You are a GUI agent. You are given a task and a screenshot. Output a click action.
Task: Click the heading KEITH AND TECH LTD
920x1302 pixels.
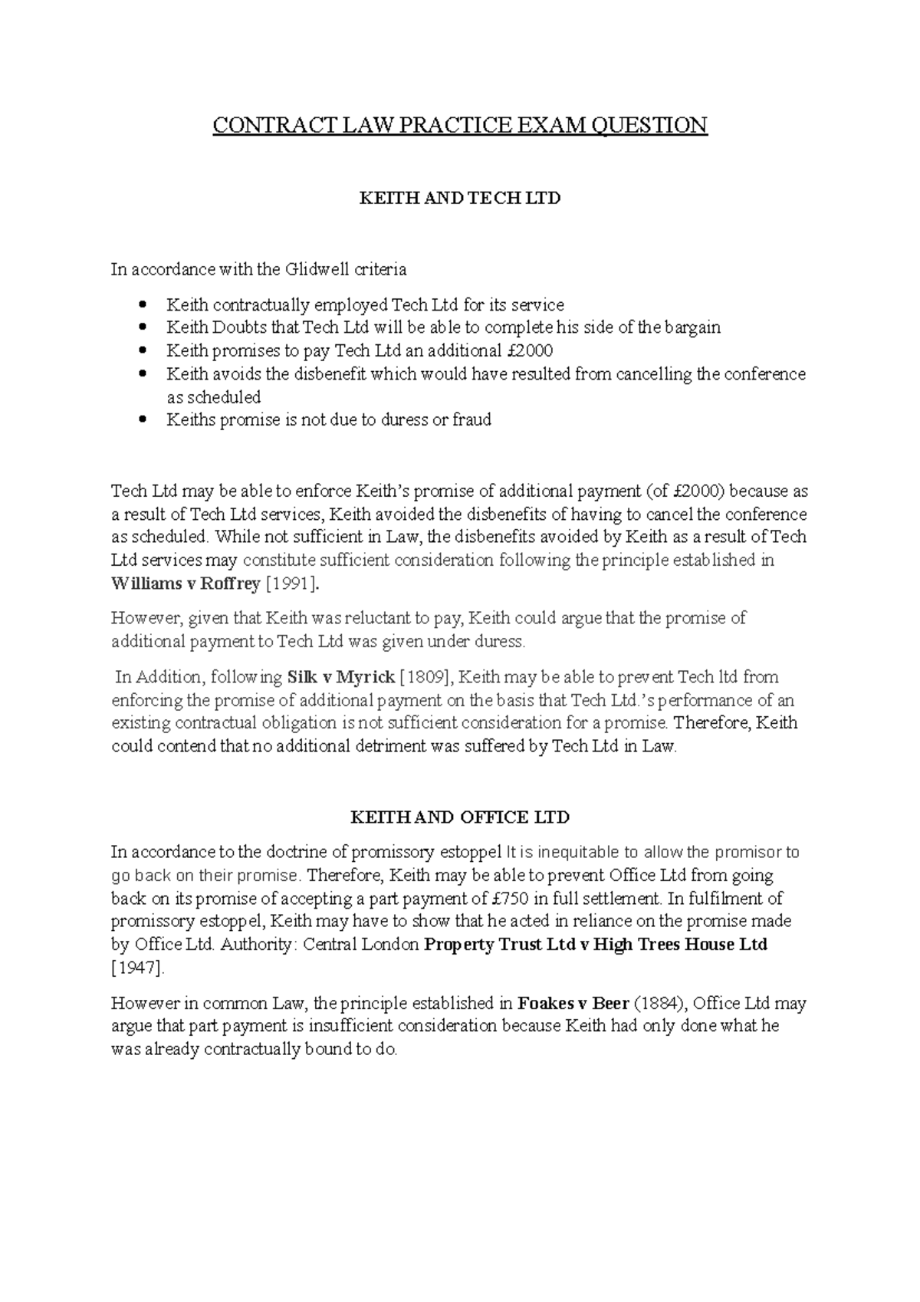[x=460, y=198]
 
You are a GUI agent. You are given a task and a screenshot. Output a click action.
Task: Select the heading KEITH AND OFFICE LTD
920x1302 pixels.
[x=460, y=817]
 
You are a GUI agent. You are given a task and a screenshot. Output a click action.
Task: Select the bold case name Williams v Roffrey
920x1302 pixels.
[x=186, y=584]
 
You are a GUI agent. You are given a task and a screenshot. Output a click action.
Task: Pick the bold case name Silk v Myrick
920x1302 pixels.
[x=340, y=677]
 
